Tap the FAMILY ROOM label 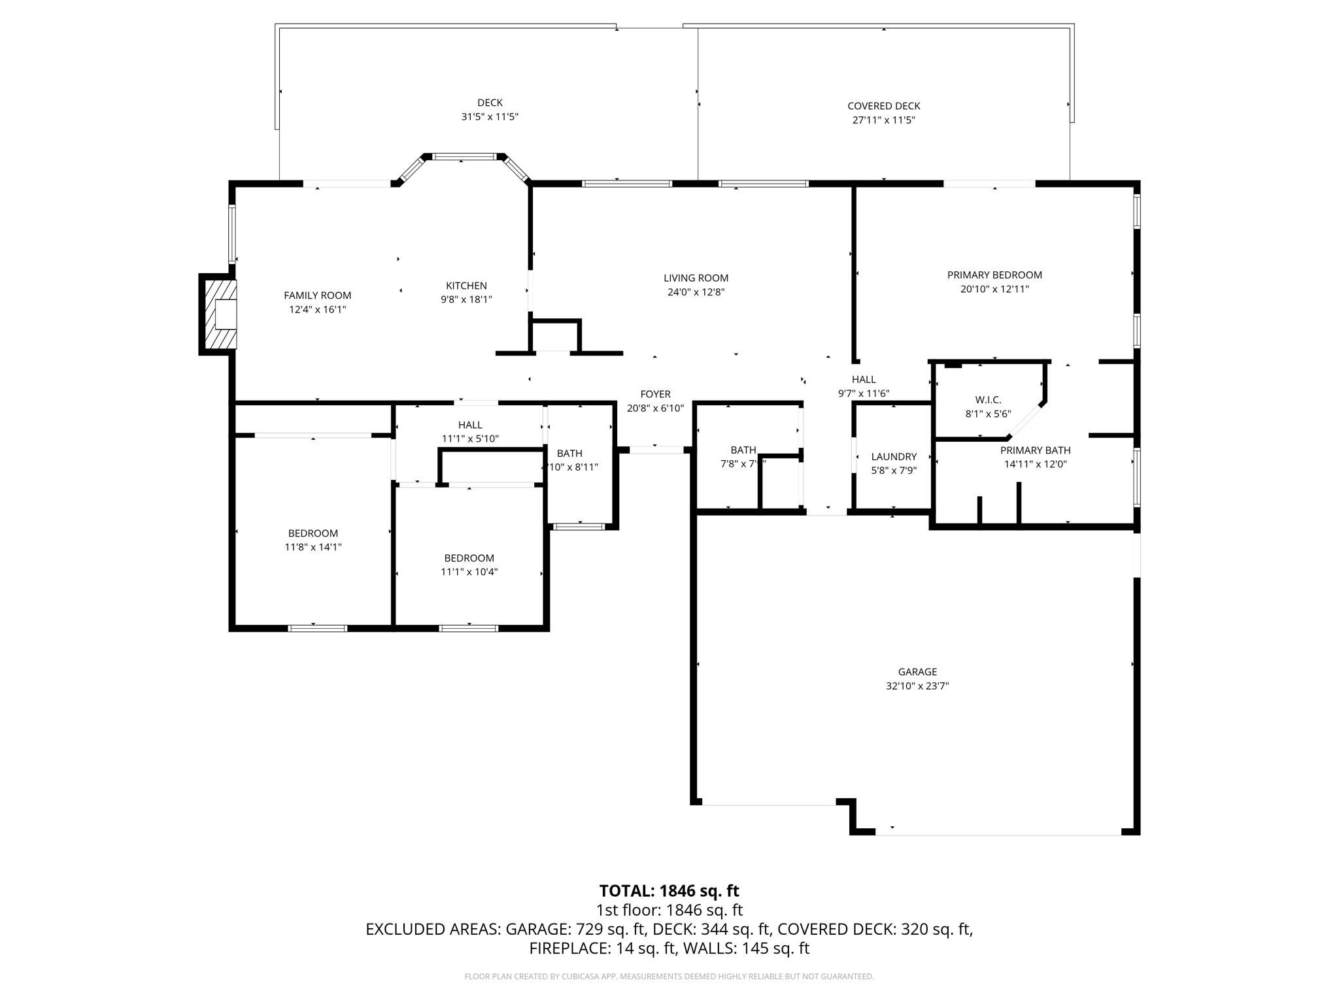click(x=317, y=295)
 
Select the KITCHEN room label click(x=466, y=286)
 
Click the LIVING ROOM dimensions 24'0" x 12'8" click(x=696, y=292)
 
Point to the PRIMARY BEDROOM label click(x=994, y=275)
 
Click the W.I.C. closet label click(x=988, y=400)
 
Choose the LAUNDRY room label click(x=894, y=456)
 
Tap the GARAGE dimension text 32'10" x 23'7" click(x=917, y=686)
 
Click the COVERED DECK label click(x=883, y=106)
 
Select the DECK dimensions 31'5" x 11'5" click(x=490, y=117)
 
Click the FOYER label click(x=655, y=394)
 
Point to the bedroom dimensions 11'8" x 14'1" click(x=313, y=547)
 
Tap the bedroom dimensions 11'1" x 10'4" click(x=469, y=572)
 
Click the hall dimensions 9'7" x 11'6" click(x=863, y=393)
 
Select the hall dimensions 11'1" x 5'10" click(x=470, y=439)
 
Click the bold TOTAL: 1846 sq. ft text click(x=669, y=891)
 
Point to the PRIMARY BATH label click(x=1035, y=450)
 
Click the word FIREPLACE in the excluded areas click(x=569, y=948)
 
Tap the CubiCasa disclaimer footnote click(x=669, y=977)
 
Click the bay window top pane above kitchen click(x=465, y=157)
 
